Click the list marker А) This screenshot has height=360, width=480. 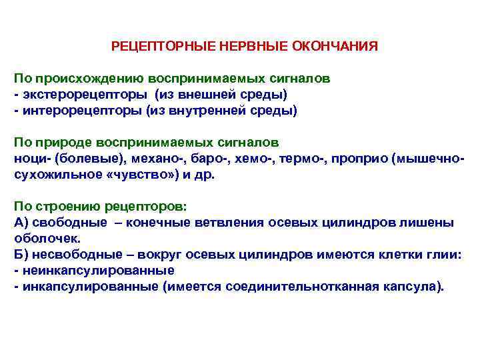coord(21,223)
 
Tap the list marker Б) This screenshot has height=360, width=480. coord(21,255)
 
